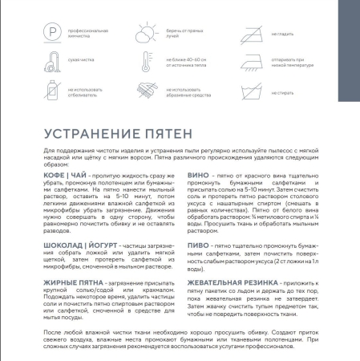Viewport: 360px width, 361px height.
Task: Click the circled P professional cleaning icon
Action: pyautogui.click(x=53, y=34)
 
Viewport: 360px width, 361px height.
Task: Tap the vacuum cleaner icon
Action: pyautogui.click(x=53, y=61)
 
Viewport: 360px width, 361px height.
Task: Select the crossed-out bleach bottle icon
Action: pyautogui.click(x=53, y=88)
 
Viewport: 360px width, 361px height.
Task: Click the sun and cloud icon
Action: pyautogui.click(x=148, y=34)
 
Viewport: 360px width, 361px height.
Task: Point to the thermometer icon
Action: pyautogui.click(x=148, y=61)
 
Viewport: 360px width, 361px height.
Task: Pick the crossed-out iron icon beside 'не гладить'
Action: pyautogui.click(x=248, y=34)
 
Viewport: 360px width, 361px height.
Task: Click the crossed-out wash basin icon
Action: pyautogui.click(x=248, y=90)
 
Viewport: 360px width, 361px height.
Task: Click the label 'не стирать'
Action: pyautogui.click(x=282, y=94)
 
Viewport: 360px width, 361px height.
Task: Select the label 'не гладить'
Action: pyautogui.click(x=283, y=34)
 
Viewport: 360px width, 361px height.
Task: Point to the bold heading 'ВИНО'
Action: pyautogui.click(x=196, y=172)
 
